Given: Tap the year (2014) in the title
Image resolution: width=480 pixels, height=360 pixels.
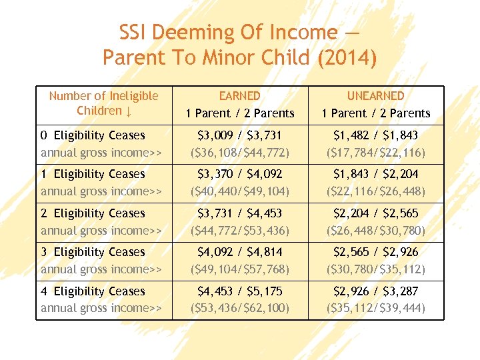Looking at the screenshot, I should coord(347,57).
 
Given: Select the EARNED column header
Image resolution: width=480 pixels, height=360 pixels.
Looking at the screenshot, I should coord(239,96).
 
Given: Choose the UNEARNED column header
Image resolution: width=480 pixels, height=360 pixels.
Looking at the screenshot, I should coord(376,96).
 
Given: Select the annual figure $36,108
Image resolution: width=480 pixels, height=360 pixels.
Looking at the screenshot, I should coord(218,153).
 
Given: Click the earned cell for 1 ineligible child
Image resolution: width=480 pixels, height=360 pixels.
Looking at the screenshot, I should coord(239,182).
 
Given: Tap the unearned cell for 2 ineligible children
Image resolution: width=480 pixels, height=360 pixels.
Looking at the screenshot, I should coord(376,221).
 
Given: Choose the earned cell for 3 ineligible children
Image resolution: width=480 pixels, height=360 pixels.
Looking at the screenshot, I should coord(239,260).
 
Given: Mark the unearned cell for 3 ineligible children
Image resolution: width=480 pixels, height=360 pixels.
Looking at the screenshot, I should coord(376,260).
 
